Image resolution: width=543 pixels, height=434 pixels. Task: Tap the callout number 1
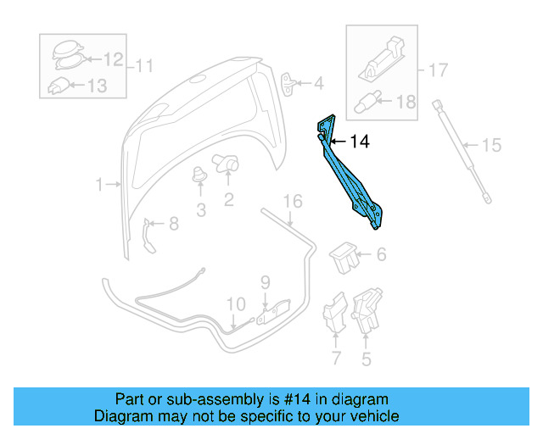pos(99,184)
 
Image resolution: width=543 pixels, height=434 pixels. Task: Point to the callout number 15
pos(492,146)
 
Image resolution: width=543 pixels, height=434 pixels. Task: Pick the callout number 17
pos(437,70)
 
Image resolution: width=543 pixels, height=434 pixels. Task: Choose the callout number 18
pos(406,103)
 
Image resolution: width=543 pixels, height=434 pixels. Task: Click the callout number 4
pos(318,84)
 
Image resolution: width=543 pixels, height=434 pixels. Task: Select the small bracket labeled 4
pos(290,83)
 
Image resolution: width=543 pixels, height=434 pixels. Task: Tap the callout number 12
pos(113,59)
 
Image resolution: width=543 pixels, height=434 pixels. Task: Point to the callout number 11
pos(145,64)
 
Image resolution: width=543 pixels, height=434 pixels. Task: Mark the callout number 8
pos(174,225)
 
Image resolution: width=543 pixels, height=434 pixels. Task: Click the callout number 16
pos(292,202)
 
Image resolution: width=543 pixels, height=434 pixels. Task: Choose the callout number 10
pos(235,303)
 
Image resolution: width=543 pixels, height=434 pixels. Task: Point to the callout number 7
pos(336,359)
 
